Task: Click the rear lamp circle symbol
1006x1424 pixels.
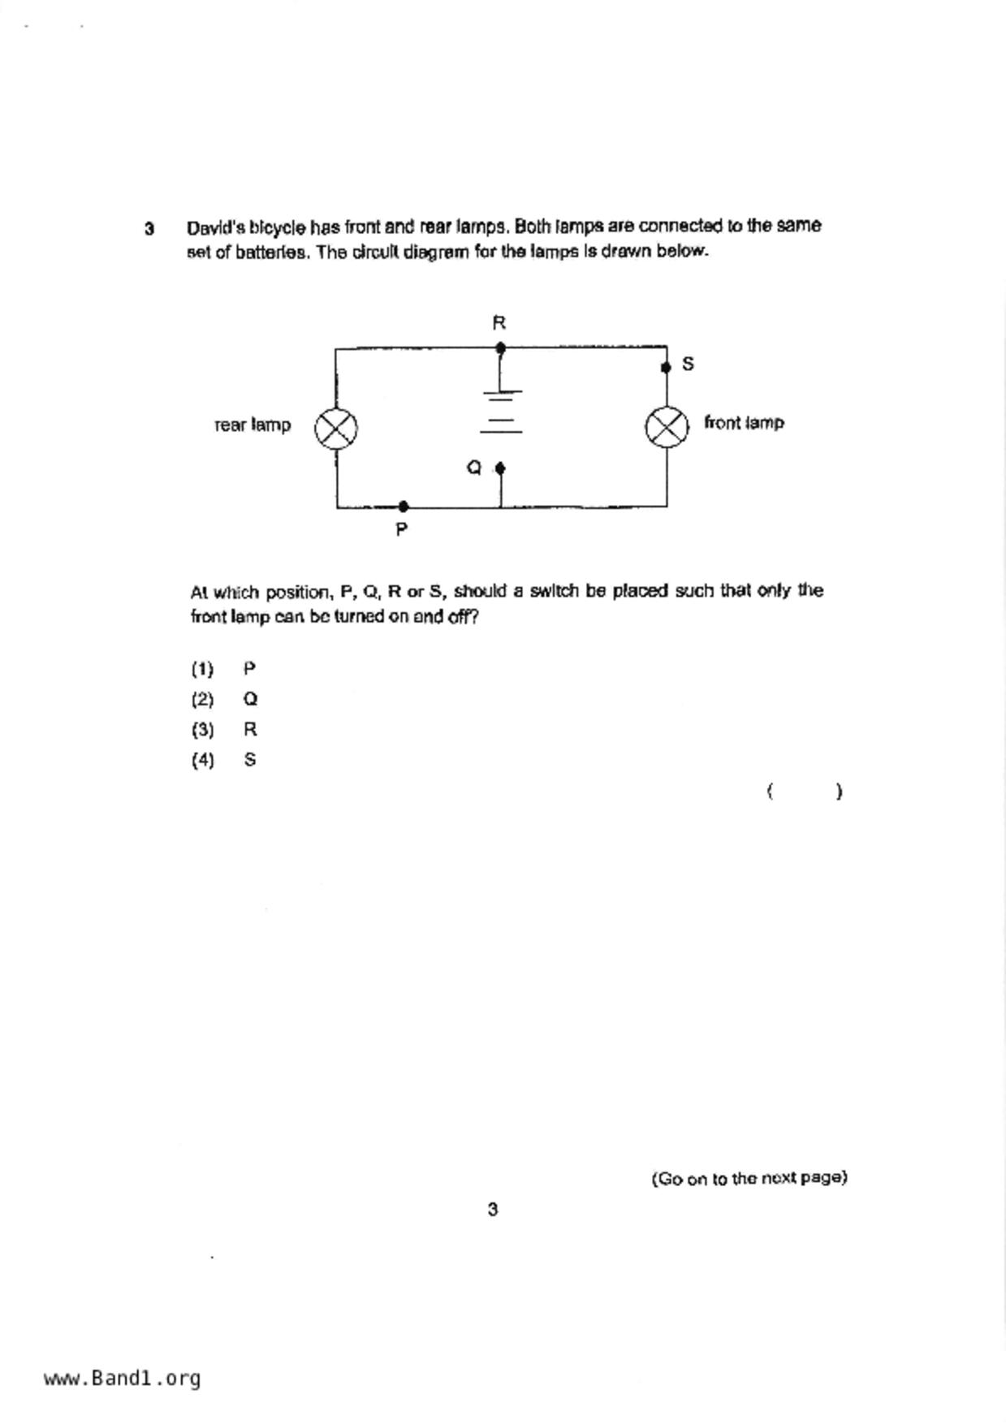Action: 336,428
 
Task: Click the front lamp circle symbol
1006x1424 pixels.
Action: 667,427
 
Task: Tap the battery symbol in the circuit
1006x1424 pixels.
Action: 502,412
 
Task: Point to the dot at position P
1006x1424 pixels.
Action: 404,507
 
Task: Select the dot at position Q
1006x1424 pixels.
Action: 500,468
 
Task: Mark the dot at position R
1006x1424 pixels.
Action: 500,348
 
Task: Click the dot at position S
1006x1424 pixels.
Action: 666,367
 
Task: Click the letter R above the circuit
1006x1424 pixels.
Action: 499,323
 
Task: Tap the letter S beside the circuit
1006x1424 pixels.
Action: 688,364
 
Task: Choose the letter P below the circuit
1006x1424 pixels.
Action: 401,529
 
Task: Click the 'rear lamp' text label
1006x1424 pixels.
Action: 253,425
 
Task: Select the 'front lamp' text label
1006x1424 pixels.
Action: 744,422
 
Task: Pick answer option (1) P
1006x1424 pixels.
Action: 224,669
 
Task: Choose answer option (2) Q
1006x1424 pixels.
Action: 225,699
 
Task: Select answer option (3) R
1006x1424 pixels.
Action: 225,729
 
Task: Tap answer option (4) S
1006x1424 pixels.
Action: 225,760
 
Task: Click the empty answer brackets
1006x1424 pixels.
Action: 804,791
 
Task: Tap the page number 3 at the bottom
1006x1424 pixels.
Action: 493,1210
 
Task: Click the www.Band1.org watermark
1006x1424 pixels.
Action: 122,1378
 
